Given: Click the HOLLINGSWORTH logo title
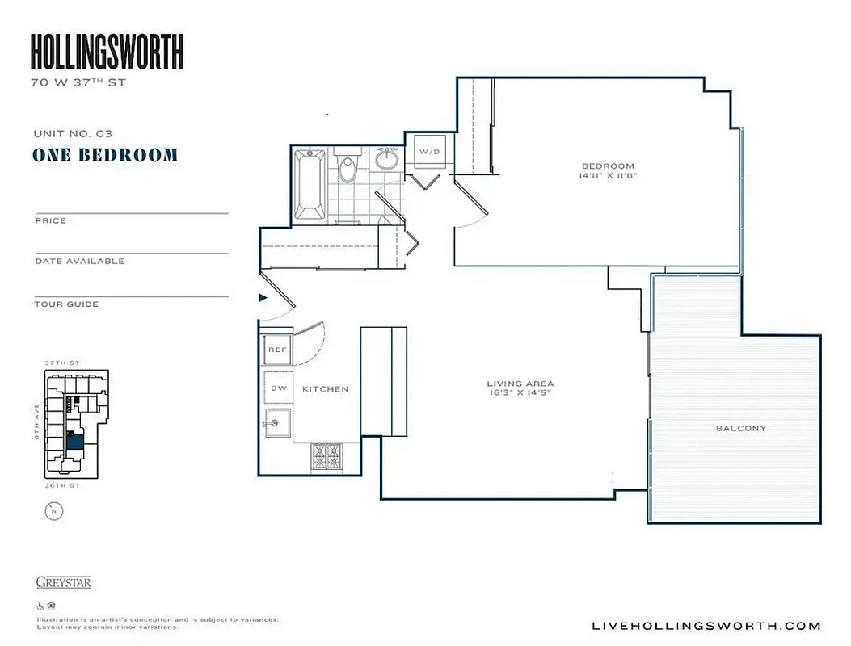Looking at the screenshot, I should tap(107, 52).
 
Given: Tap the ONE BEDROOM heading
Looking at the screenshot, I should tap(105, 155).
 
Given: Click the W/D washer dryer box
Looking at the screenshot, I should tap(428, 151).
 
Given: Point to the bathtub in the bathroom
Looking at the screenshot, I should tap(309, 184).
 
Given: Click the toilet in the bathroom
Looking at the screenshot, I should tap(348, 168).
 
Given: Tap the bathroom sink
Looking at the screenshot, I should tap(388, 158).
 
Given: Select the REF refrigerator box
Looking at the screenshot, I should tap(277, 350).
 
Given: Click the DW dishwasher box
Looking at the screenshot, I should tap(278, 388).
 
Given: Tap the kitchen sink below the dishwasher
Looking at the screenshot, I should tap(277, 422).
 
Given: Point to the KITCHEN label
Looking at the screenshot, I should tap(325, 389).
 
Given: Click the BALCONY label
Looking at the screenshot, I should tap(740, 428).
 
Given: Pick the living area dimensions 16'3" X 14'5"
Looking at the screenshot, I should tap(520, 393).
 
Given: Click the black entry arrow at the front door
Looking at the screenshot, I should tap(262, 298).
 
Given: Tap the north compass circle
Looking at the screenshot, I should tap(53, 510).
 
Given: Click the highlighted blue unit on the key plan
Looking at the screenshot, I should tap(75, 442).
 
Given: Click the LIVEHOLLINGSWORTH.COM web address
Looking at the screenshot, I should tap(706, 626).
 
